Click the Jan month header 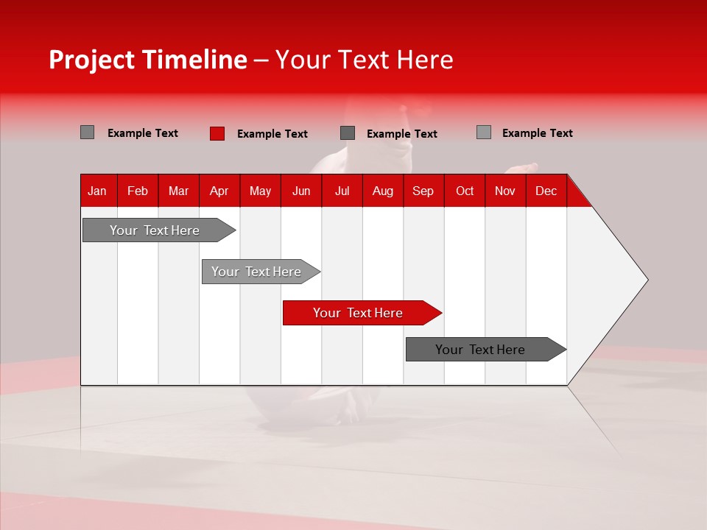point(97,191)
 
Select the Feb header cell point(138,191)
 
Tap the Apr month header point(219,191)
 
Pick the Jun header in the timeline point(301,191)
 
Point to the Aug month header point(383,191)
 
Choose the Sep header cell point(423,191)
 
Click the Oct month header point(465,191)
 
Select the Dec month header point(546,191)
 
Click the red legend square point(217,133)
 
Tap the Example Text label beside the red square point(272,134)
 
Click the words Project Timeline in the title point(148,60)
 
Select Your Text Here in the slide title point(364,60)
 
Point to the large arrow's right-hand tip point(645,279)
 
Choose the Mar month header point(178,191)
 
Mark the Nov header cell point(505,191)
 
